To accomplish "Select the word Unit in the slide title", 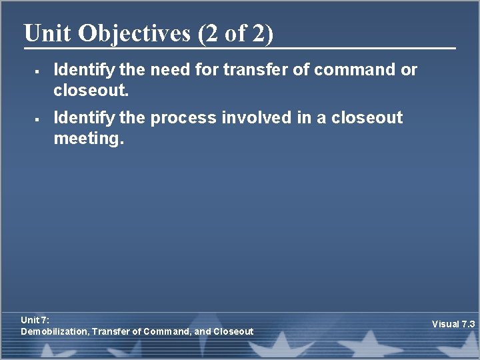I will coord(48,33).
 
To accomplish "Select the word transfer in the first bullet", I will coord(255,69).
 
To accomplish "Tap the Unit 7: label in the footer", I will coord(35,321).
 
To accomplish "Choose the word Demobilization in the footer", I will coord(55,331).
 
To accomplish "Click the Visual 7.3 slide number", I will coord(453,324).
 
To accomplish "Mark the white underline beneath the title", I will coord(240,48).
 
